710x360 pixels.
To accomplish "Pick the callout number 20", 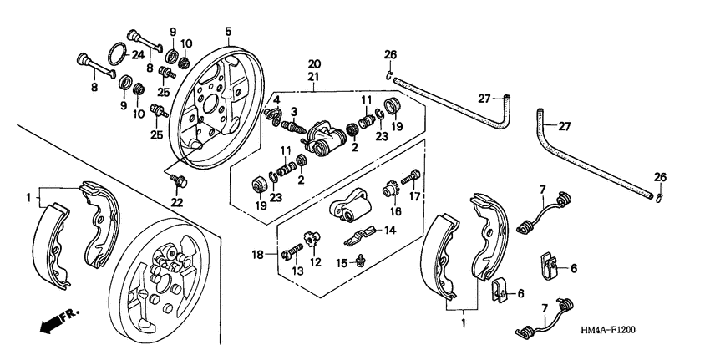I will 314,64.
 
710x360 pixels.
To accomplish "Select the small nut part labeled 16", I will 389,190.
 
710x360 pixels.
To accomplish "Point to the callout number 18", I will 257,252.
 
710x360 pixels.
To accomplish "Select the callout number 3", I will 293,112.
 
